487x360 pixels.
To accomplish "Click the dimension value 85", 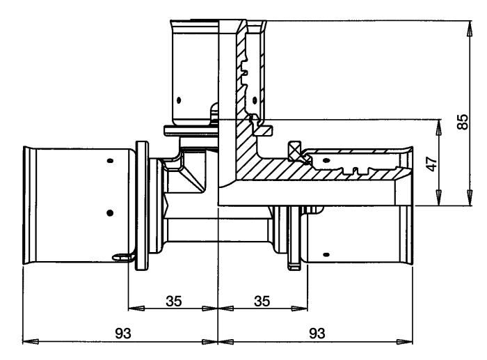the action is point(463,122).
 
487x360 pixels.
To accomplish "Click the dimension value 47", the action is point(431,164).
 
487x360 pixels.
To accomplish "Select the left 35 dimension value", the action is point(174,301).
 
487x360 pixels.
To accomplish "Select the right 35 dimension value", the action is point(262,301).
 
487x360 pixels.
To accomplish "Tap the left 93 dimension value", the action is point(123,334).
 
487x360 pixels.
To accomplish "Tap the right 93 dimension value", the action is point(317,334).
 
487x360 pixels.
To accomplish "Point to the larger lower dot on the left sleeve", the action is point(110,213).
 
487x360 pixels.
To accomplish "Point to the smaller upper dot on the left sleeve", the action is point(110,161).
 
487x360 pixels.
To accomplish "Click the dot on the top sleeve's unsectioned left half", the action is point(179,100).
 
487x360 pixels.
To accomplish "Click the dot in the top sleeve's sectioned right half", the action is point(255,100).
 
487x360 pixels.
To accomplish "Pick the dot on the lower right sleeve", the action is point(326,255).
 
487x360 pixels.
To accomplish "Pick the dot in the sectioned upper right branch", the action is point(326,160).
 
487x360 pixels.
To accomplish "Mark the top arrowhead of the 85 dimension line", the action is point(470,29).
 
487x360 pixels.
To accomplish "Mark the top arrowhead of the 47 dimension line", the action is point(439,127).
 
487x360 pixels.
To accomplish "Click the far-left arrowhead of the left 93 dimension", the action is point(31,342).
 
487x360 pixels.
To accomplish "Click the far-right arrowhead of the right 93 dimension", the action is point(405,342).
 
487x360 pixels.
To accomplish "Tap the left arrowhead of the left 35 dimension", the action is point(136,308).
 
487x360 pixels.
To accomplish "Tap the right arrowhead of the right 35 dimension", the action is point(299,308).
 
